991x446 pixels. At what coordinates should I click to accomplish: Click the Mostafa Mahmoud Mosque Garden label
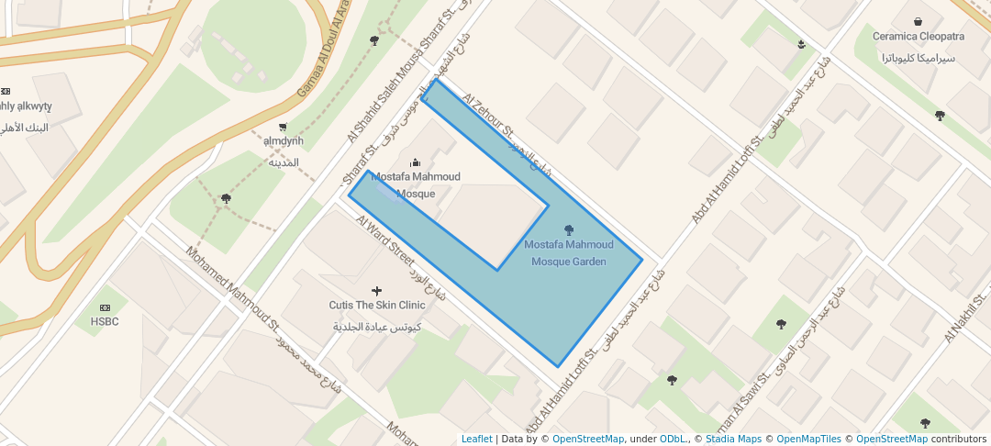tap(569, 253)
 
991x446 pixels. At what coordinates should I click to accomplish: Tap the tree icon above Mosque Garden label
tap(569, 229)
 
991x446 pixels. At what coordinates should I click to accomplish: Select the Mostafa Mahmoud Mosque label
tap(416, 184)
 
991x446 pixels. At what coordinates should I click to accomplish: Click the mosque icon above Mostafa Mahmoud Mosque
tap(415, 162)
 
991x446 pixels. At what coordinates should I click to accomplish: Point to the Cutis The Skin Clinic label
tap(377, 305)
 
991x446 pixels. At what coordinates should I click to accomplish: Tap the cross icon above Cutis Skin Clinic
tap(377, 291)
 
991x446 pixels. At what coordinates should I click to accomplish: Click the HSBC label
tap(105, 322)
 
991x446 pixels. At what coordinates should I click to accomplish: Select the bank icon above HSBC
tap(105, 307)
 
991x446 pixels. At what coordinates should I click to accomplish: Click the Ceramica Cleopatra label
tap(919, 37)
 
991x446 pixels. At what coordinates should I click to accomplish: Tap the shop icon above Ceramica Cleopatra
tap(919, 21)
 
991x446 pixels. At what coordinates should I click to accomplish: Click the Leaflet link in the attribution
tap(476, 439)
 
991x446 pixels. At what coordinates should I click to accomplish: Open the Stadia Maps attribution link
tap(733, 439)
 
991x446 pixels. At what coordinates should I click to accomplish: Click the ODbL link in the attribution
tap(674, 439)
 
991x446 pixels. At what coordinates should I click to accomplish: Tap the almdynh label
tap(283, 141)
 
